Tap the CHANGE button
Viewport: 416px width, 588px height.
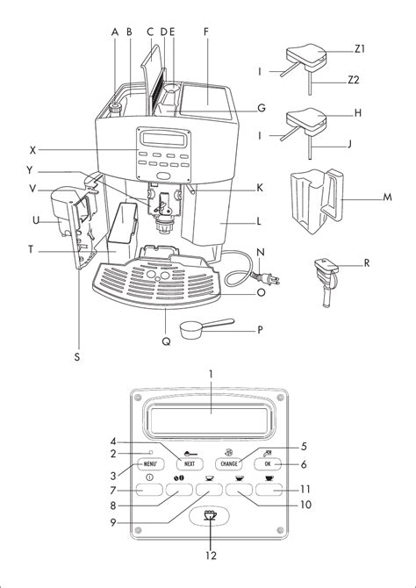[x=229, y=464]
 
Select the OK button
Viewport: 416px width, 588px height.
[x=268, y=464]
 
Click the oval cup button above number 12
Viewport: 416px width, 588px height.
[x=210, y=516]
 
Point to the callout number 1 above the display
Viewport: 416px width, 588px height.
[x=211, y=374]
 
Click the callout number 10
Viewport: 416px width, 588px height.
[x=305, y=505]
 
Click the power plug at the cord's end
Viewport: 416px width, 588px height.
[x=271, y=278]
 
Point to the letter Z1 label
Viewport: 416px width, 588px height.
[x=360, y=49]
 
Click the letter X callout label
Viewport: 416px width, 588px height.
[x=33, y=150]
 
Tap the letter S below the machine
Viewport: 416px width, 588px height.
[x=77, y=357]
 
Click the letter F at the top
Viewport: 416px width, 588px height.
[x=206, y=32]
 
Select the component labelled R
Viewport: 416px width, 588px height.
[x=325, y=282]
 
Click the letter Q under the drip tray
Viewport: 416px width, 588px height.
[x=166, y=341]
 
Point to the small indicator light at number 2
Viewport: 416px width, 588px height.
[x=150, y=452]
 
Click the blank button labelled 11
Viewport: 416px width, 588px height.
[x=269, y=490]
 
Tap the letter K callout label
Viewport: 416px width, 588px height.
[x=260, y=188]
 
